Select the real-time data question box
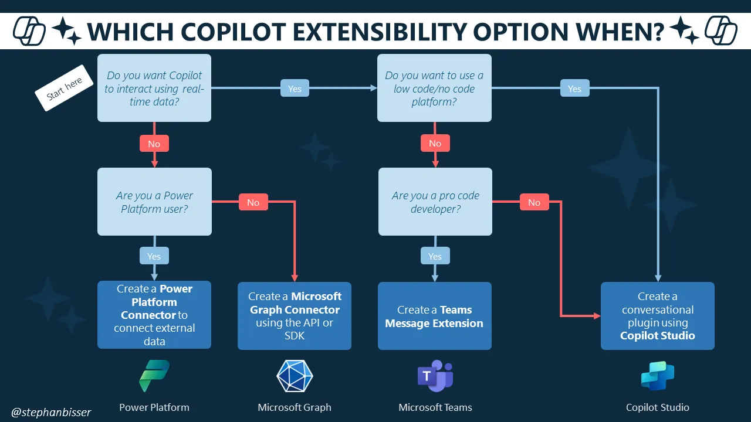point(154,88)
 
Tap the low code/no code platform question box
point(434,88)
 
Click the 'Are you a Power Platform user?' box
point(154,202)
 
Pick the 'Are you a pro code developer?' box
point(435,202)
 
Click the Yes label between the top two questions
point(295,89)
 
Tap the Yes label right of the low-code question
point(574,89)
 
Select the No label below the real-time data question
point(154,144)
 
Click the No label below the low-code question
point(435,144)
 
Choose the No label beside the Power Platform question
point(253,202)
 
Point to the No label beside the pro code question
point(534,202)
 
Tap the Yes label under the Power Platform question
point(154,256)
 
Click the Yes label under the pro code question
point(435,256)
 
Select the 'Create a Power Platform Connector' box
point(154,315)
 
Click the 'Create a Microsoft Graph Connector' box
point(295,315)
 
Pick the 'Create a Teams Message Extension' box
point(435,316)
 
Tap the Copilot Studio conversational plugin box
point(657,316)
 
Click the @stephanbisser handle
point(52,412)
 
